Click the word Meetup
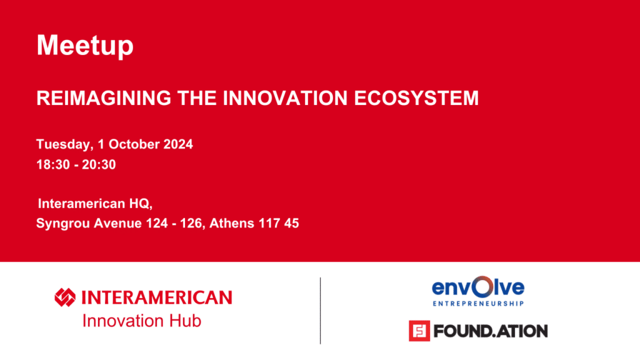tap(85, 46)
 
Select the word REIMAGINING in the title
tap(104, 98)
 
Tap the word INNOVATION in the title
tap(285, 98)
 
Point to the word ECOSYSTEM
tap(416, 98)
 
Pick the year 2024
tap(178, 144)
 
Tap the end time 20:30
tap(99, 164)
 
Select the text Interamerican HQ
tap(95, 203)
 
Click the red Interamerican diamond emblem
tap(65, 297)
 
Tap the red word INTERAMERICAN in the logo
tap(157, 297)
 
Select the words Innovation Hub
tap(142, 321)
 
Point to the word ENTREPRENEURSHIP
tap(478, 303)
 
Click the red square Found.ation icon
tap(419, 331)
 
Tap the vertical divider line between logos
tap(321, 311)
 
